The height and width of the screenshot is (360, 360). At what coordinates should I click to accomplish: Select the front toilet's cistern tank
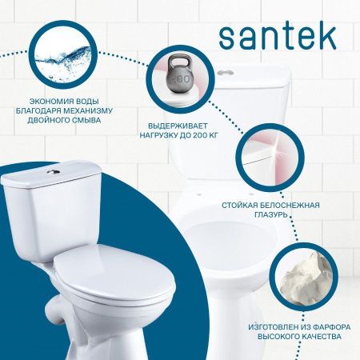tap(52, 196)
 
